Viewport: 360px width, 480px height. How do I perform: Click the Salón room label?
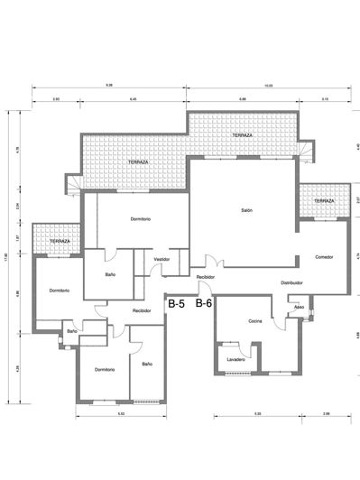click(x=245, y=210)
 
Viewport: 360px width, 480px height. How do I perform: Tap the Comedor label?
click(x=325, y=257)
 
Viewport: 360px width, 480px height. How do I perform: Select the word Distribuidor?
click(x=291, y=282)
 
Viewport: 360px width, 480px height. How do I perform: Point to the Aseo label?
click(x=299, y=306)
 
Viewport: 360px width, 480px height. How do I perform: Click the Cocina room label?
click(x=255, y=322)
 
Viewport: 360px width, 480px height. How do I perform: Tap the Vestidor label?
click(x=162, y=259)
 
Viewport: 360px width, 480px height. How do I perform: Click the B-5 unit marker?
click(x=177, y=305)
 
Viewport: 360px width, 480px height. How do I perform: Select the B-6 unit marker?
click(x=204, y=304)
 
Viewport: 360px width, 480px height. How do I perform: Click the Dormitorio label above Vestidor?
click(x=139, y=219)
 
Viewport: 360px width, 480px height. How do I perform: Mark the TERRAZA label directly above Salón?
click(x=241, y=135)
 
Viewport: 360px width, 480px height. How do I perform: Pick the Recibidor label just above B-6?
click(x=205, y=278)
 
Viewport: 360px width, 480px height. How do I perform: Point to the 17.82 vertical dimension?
click(x=6, y=255)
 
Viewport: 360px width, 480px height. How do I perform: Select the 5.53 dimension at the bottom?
click(x=120, y=413)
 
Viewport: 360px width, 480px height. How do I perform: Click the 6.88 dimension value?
click(x=243, y=97)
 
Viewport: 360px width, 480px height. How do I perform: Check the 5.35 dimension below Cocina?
click(x=257, y=413)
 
